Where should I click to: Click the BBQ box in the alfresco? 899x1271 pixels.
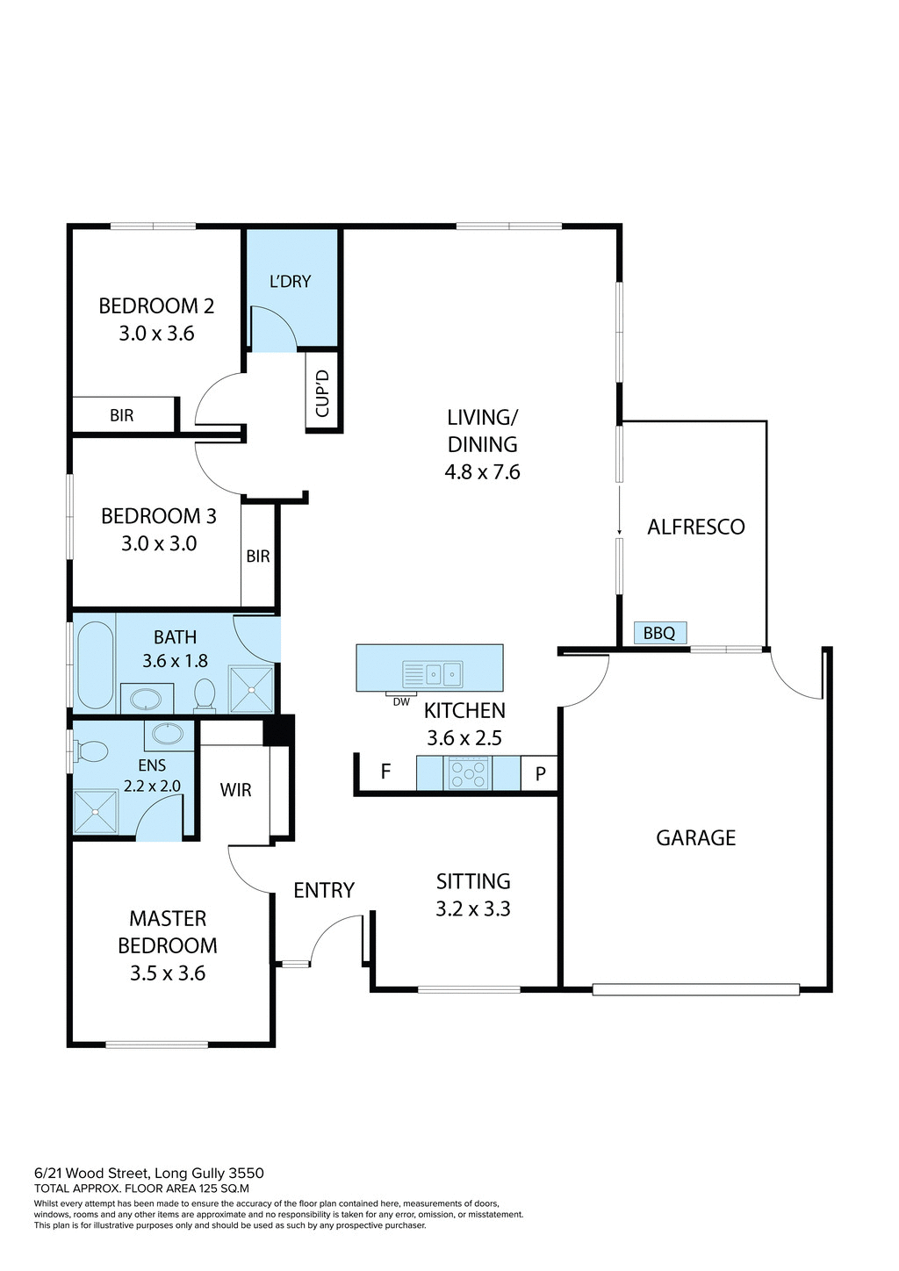659,633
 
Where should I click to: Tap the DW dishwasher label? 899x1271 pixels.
401,701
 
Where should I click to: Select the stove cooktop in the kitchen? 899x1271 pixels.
468,773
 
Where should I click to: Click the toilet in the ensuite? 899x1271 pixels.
90,751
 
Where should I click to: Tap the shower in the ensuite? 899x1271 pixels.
95,812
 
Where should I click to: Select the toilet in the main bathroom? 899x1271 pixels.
205,693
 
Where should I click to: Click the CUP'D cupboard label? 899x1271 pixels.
322,393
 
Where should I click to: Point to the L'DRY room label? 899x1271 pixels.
290,282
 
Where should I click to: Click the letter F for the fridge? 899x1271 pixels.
385,772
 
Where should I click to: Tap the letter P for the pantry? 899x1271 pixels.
541,774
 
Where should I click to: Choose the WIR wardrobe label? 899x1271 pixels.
235,790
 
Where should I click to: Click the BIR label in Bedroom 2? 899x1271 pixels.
122,415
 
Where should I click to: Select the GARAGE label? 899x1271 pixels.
695,837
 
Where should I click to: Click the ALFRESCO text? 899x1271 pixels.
695,527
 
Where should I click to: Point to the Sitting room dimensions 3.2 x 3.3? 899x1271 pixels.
473,908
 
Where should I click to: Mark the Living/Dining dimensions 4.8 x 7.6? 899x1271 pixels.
482,472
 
